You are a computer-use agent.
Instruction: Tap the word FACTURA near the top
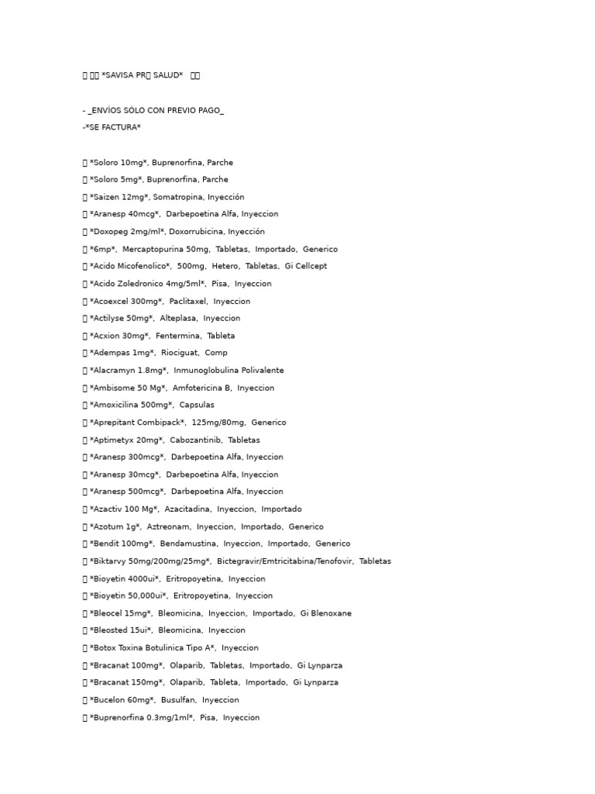(123, 127)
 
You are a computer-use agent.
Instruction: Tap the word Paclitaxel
(186, 301)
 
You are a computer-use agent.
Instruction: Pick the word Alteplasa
(180, 318)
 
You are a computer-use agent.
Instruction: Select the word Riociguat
(179, 353)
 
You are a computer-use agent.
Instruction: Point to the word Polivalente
(258, 371)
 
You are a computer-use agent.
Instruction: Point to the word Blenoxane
(331, 613)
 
